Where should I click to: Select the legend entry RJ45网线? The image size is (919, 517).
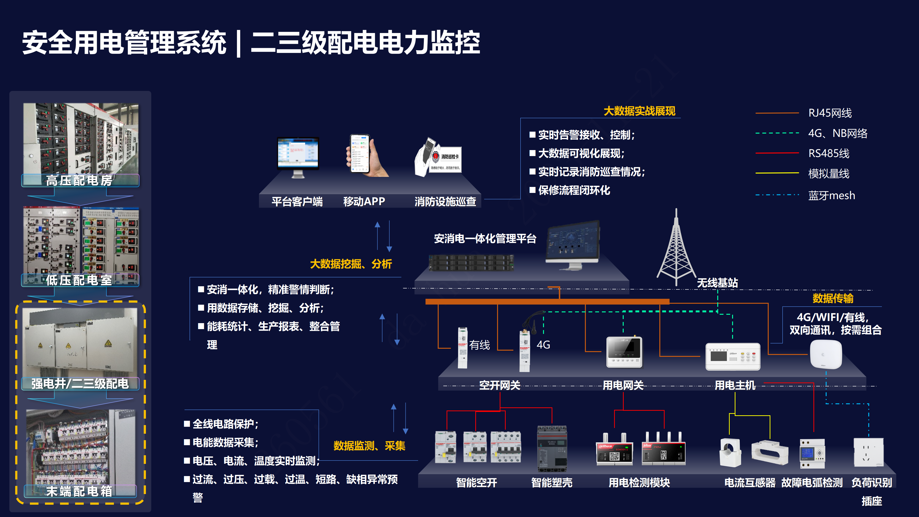[830, 113]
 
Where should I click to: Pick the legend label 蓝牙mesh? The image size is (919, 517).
[831, 196]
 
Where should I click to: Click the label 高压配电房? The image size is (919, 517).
[79, 180]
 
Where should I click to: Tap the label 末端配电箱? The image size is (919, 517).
[79, 491]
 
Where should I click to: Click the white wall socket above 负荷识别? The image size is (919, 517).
[868, 452]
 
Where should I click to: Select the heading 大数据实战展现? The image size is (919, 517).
[639, 111]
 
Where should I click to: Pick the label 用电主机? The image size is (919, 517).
[735, 385]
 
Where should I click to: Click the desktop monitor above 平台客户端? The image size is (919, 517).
[298, 155]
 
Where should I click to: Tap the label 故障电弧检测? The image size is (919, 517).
[812, 483]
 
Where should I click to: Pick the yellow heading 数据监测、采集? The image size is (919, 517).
[369, 446]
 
